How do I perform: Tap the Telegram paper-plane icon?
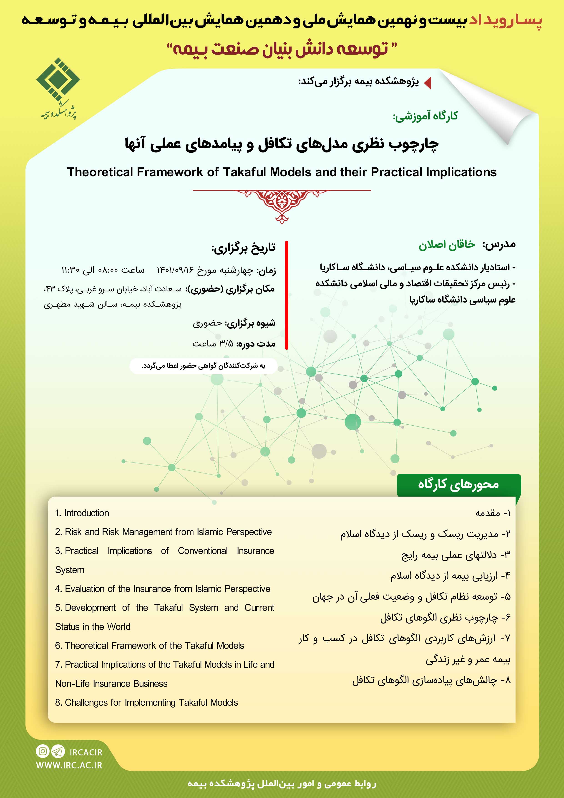[58, 751]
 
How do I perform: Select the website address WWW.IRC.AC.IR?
[69, 765]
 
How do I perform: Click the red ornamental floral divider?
[282, 205]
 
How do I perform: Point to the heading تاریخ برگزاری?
[243, 248]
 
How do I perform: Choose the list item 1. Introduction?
[82, 513]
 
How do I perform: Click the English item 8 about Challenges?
[146, 702]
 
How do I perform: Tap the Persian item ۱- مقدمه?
[493, 513]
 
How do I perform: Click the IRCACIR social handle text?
[86, 752]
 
